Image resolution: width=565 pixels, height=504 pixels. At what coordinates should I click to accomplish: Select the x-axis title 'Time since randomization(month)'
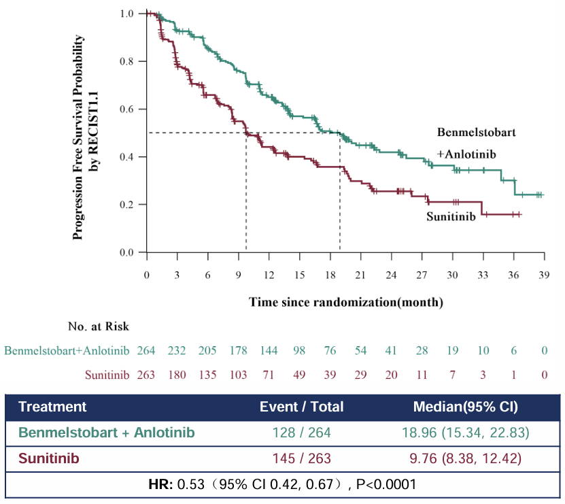pos(346,301)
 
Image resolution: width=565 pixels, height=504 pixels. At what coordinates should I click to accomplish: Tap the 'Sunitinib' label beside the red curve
pos(451,217)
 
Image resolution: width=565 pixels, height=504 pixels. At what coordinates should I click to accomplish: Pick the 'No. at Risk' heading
pos(99,327)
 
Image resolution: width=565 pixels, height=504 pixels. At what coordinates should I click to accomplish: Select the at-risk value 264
pos(147,351)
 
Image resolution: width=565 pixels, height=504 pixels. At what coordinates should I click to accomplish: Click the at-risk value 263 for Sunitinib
pos(147,374)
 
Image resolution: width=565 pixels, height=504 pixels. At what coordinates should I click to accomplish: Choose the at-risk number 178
pos(239,351)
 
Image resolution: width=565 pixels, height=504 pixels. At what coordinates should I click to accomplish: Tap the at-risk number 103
pos(239,374)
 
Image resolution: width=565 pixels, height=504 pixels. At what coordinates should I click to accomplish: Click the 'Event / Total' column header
pos(302,407)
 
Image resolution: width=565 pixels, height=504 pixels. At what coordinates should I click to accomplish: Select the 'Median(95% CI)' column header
pos(466,407)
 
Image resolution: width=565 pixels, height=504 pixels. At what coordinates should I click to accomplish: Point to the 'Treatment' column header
pos(52,407)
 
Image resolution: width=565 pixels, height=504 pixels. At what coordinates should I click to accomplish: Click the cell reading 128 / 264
pos(302,433)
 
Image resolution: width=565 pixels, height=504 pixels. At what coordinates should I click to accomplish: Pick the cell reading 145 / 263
pos(302,459)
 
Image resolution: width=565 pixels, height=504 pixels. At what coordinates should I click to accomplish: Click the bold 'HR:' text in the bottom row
pos(161,485)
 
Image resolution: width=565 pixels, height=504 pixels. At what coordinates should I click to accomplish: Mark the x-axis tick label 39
pos(544,274)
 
